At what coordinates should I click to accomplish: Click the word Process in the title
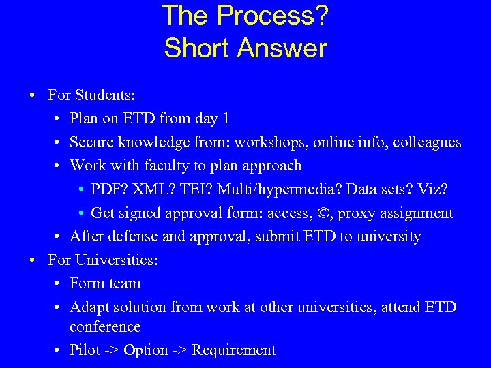265,14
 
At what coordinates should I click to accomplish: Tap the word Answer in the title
282,48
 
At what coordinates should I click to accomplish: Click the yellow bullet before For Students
32,95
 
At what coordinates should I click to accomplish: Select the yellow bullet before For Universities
32,260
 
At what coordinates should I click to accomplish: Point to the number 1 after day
226,119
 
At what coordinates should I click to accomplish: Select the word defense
133,236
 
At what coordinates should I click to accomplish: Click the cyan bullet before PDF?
81,189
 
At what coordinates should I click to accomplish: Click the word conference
105,327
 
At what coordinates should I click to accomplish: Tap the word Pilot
85,350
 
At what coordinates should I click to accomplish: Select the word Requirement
234,350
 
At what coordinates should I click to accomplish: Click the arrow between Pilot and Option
112,350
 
